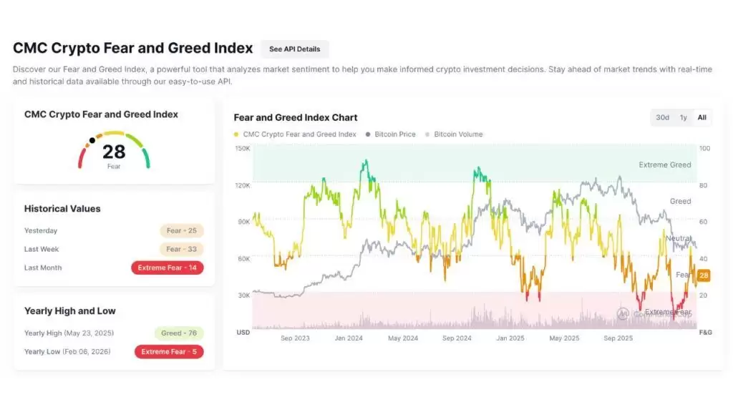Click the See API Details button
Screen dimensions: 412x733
point(294,49)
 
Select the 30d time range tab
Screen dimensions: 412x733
point(662,117)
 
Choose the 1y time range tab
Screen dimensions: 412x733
point(683,117)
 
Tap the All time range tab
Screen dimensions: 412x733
point(702,117)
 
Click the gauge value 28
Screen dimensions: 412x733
point(114,152)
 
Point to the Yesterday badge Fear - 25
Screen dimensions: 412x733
point(182,231)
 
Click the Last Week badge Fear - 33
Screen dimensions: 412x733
point(182,250)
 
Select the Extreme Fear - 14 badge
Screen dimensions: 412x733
point(168,268)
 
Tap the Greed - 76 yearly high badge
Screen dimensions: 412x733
point(179,333)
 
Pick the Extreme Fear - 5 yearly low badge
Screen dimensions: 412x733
point(169,352)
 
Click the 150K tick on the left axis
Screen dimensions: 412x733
point(242,149)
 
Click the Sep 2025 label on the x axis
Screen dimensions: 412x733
point(618,338)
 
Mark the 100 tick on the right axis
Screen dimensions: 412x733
point(704,149)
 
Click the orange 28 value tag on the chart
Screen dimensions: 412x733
point(704,275)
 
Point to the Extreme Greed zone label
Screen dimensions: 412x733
point(665,165)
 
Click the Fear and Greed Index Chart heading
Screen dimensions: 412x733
point(296,117)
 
